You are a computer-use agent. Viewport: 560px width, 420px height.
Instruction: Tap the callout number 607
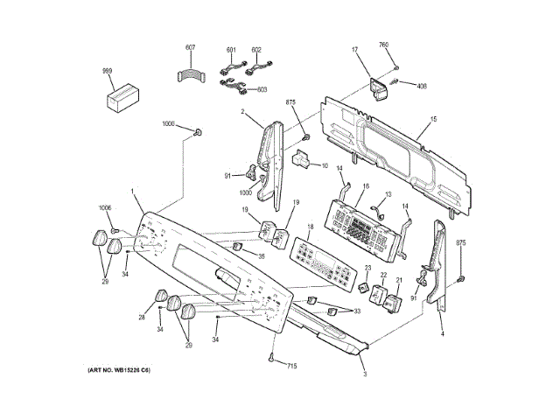pos(191,46)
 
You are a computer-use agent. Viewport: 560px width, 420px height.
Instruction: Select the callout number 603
pos(262,88)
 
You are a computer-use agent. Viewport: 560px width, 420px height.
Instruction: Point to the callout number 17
pos(356,51)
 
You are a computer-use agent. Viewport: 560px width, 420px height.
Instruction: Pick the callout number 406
pos(421,86)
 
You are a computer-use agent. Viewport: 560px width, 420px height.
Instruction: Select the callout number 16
pos(366,186)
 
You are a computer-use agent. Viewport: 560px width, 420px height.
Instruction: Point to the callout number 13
pos(388,194)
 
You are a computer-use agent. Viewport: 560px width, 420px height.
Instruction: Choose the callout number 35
pos(260,256)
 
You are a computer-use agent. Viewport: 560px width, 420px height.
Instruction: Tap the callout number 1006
pos(105,207)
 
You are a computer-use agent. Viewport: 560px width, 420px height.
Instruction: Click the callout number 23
pos(368,268)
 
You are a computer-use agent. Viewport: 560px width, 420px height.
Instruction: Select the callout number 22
pos(382,276)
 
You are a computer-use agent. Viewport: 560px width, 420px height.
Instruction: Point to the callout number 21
pos(399,281)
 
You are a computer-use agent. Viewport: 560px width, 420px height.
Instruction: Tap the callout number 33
pos(356,311)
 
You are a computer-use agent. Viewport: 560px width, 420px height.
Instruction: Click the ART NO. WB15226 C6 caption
pos(118,373)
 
